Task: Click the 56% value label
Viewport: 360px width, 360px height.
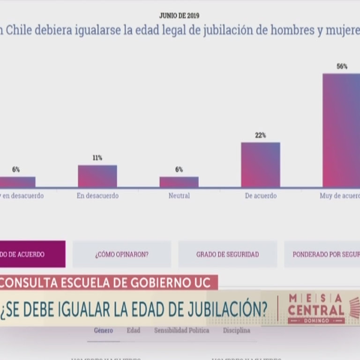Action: tap(342, 67)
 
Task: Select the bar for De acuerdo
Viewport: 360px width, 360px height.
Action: tap(260, 165)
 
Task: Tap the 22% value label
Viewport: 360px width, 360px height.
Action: tap(260, 135)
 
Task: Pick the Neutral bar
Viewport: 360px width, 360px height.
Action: tap(179, 182)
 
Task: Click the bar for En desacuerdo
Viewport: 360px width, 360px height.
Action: tap(97, 176)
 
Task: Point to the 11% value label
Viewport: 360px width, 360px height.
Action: tap(97, 158)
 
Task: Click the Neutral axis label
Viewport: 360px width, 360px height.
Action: tap(179, 196)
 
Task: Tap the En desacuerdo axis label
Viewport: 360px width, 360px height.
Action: tap(97, 196)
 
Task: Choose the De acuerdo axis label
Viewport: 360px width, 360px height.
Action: tap(261, 196)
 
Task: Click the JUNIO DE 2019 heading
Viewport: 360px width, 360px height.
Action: tap(179, 16)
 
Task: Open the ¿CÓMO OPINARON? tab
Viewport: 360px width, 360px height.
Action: tap(122, 255)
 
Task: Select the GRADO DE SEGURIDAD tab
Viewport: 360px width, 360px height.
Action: tap(227, 255)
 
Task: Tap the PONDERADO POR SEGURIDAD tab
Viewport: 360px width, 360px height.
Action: tap(323, 255)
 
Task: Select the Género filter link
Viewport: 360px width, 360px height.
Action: tap(103, 330)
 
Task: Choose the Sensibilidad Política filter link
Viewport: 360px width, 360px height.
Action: tap(181, 330)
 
